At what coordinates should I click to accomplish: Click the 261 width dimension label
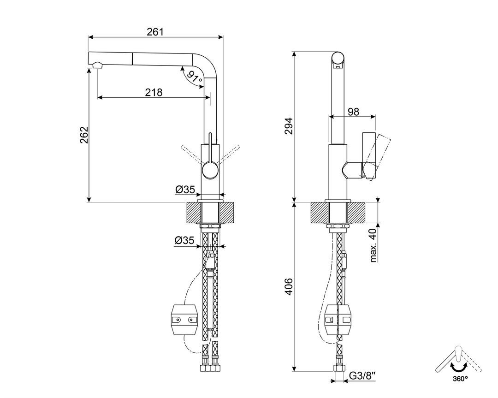click(x=155, y=32)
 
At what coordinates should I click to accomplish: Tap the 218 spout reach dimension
click(x=154, y=92)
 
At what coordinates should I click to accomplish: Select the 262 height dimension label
click(x=84, y=135)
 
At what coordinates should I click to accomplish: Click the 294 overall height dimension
click(x=288, y=126)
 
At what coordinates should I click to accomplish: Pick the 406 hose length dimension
click(x=288, y=286)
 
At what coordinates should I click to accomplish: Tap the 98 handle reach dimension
click(x=353, y=112)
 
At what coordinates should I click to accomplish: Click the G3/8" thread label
click(x=362, y=376)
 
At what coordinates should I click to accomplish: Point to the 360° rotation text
click(x=460, y=379)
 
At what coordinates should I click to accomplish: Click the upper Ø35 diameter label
click(x=185, y=190)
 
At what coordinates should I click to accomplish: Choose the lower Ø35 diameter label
click(x=184, y=240)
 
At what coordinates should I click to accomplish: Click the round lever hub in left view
click(x=210, y=169)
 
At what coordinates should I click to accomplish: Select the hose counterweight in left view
click(x=184, y=320)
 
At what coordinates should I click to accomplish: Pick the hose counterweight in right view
click(x=339, y=320)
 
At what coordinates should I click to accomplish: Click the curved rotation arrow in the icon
click(x=459, y=368)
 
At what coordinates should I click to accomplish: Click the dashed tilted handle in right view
click(x=377, y=157)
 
